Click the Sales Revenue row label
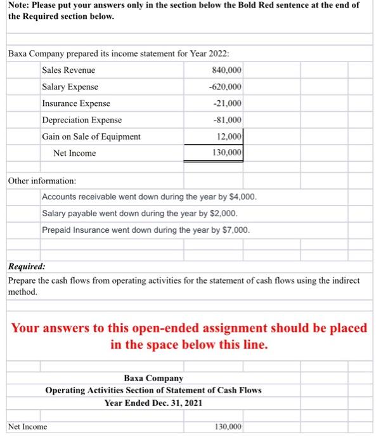[x=68, y=70]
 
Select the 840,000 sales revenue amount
[x=228, y=70]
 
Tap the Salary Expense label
[x=70, y=87]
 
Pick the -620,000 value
[x=227, y=87]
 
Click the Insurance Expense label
[x=75, y=103]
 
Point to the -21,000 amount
[x=229, y=103]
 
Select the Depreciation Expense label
[x=82, y=120]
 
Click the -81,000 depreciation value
[x=229, y=120]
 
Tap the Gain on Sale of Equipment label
[x=91, y=136]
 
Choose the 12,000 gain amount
[x=230, y=136]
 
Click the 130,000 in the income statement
[x=228, y=153]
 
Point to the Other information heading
[x=42, y=181]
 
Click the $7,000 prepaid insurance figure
[x=236, y=230]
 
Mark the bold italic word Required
[x=26, y=268]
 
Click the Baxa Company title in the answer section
[x=153, y=378]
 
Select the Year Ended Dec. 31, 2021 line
[x=153, y=402]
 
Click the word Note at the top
[x=19, y=4]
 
